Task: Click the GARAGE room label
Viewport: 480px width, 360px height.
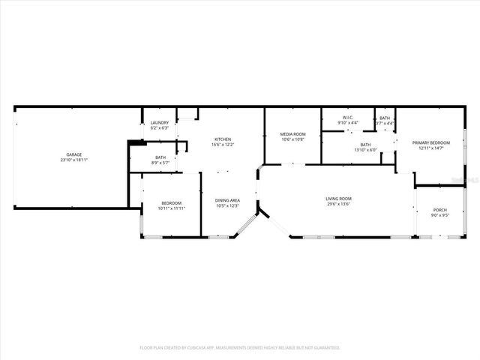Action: (x=73, y=154)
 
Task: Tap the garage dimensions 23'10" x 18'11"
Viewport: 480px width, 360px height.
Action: (x=73, y=160)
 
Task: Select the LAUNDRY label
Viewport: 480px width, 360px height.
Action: (x=160, y=123)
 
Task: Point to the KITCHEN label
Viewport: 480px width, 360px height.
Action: (x=223, y=139)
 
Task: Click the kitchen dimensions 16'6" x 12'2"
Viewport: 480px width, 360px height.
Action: (x=223, y=145)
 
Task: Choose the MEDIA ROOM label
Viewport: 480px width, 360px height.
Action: (x=293, y=133)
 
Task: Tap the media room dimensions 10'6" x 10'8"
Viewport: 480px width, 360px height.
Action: (x=293, y=139)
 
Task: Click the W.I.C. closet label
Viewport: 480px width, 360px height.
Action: (x=348, y=118)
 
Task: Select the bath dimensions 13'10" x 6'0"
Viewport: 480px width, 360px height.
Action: (x=365, y=150)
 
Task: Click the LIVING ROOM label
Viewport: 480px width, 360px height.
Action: (x=338, y=199)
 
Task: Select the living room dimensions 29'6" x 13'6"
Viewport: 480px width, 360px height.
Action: (x=338, y=204)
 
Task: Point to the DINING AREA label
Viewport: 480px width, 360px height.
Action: (x=227, y=200)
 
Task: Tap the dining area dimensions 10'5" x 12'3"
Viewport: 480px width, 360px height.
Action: (x=227, y=205)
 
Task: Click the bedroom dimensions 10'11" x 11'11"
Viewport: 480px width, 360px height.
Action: (x=171, y=208)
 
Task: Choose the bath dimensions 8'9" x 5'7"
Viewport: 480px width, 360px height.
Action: (x=160, y=163)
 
